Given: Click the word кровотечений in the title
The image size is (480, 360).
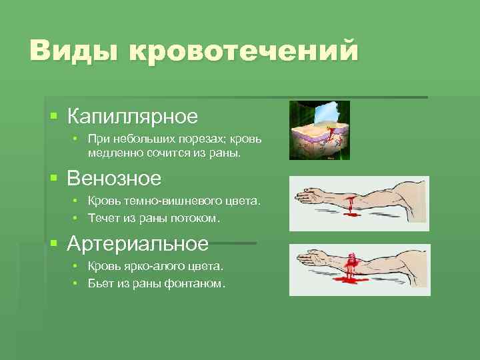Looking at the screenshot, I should click(x=243, y=51).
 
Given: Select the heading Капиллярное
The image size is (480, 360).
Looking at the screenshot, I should click(x=133, y=116).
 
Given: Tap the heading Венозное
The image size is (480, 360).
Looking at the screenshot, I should click(x=114, y=179).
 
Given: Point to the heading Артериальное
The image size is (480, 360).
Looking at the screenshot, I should click(x=137, y=243).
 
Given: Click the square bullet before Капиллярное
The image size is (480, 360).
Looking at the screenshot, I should click(x=54, y=117).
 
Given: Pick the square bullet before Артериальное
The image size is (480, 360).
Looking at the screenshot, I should click(x=54, y=244).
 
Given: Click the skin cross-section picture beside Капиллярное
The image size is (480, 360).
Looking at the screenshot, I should click(x=319, y=130).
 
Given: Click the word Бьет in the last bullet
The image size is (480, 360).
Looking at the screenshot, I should click(x=101, y=283).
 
